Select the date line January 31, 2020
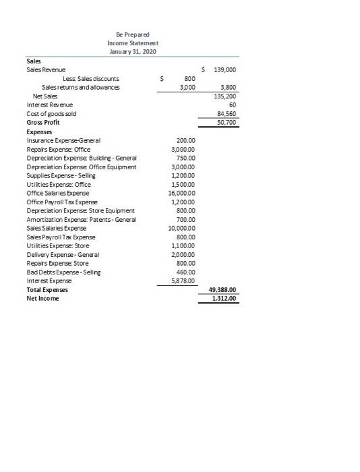(132, 52)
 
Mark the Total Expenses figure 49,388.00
(223, 289)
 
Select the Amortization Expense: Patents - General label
(80, 219)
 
